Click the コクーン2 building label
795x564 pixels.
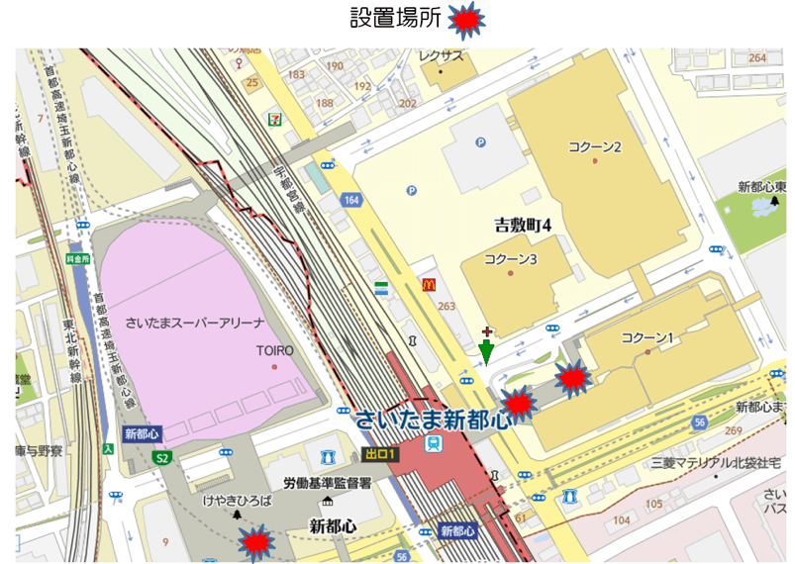pyautogui.click(x=594, y=147)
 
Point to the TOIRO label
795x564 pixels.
pyautogui.click(x=277, y=350)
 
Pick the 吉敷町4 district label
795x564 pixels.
pyautogui.click(x=522, y=226)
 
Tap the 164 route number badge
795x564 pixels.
pyautogui.click(x=351, y=201)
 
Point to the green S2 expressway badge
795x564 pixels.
pyautogui.click(x=160, y=457)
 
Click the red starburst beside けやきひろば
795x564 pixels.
pyautogui.click(x=256, y=540)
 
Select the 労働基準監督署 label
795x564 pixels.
pyautogui.click(x=327, y=483)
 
